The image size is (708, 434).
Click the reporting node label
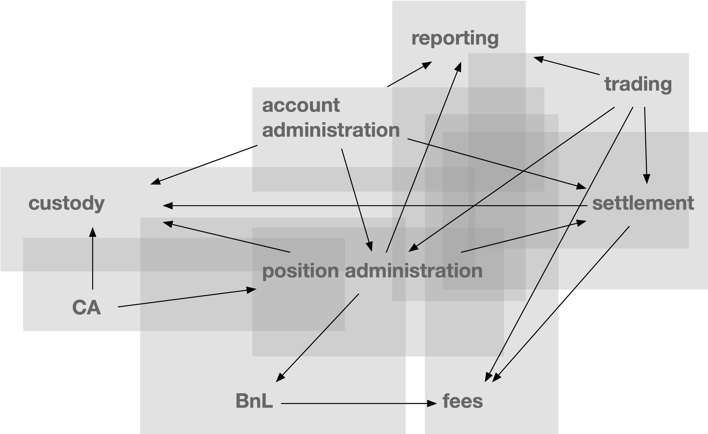[455, 39]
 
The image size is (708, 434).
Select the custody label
[66, 203]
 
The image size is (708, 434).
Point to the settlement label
[643, 203]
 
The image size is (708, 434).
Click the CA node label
[86, 307]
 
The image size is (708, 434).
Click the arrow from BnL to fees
[359, 403]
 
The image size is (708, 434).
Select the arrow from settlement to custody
[374, 206]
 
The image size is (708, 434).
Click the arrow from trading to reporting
[566, 66]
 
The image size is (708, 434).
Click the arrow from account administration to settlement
[497, 164]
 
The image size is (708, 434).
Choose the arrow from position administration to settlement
[523, 236]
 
